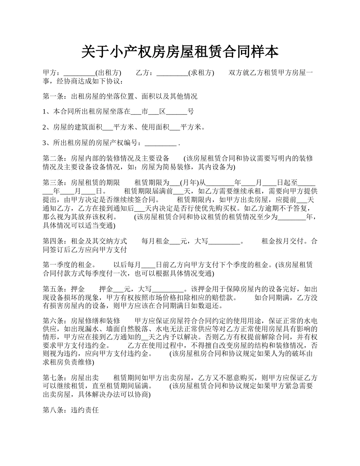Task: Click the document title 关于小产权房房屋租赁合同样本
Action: (180, 52)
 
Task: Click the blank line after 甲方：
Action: (79, 73)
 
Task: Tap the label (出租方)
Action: (108, 73)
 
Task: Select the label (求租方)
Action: (201, 73)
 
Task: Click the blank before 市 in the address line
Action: (136, 112)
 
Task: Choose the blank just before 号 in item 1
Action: (177, 112)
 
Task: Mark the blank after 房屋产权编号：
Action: (160, 143)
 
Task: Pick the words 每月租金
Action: (155, 241)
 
